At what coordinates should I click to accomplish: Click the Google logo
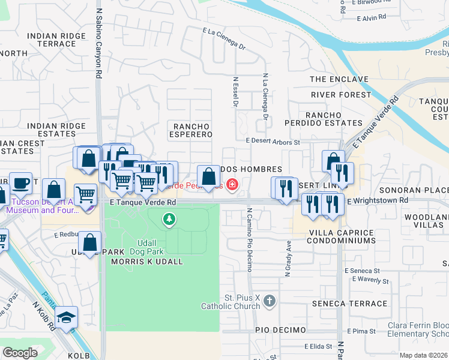[x=20, y=353]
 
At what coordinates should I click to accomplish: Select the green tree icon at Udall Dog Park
[x=170, y=220]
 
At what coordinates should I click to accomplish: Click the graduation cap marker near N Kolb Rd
[x=67, y=317]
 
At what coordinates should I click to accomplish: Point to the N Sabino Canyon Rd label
[x=98, y=41]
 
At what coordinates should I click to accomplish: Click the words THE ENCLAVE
[x=339, y=79]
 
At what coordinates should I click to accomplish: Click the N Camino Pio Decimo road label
[x=248, y=239]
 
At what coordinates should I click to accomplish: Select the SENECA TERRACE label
[x=341, y=304]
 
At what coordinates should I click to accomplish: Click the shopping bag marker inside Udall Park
[x=90, y=243]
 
